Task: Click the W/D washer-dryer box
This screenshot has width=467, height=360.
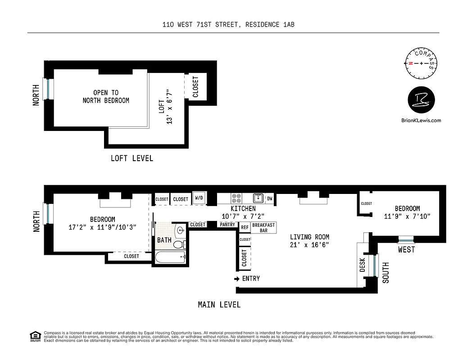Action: pyautogui.click(x=199, y=198)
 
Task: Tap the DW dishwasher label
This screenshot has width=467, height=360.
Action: pyautogui.click(x=269, y=198)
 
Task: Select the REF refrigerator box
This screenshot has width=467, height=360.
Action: pyautogui.click(x=245, y=228)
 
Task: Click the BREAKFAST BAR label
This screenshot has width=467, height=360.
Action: pyautogui.click(x=263, y=228)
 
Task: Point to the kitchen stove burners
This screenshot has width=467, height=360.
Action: pyautogui.click(x=236, y=198)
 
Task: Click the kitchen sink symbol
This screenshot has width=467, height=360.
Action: pyautogui.click(x=258, y=198)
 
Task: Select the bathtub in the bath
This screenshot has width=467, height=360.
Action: pyautogui.click(x=170, y=258)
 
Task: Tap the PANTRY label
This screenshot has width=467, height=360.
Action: pyautogui.click(x=227, y=225)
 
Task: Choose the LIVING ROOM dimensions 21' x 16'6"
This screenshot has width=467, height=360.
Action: pyautogui.click(x=309, y=245)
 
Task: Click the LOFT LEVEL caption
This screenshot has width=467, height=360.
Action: pyautogui.click(x=132, y=158)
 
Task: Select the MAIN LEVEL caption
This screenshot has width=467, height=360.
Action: pyautogui.click(x=219, y=305)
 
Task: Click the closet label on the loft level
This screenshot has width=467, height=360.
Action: pyautogui.click(x=195, y=87)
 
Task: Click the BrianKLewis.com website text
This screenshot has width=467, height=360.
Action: pyautogui.click(x=421, y=120)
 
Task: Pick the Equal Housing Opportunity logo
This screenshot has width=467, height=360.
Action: pyautogui.click(x=34, y=336)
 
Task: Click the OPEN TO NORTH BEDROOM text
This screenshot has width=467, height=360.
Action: pyautogui.click(x=106, y=97)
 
